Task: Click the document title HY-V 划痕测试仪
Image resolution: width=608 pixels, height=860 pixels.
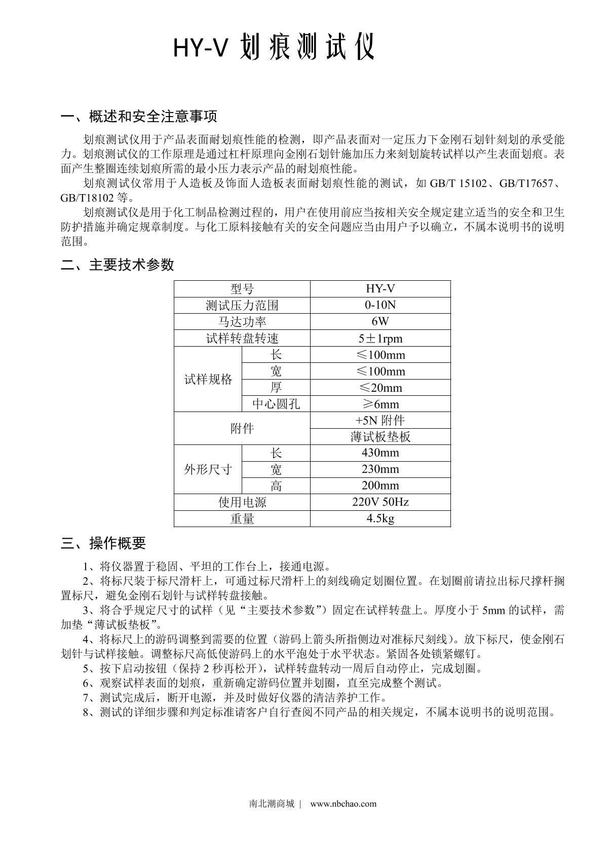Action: click(274, 48)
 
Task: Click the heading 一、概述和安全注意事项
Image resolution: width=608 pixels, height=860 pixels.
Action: click(139, 117)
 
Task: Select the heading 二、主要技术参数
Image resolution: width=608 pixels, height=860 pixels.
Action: click(117, 265)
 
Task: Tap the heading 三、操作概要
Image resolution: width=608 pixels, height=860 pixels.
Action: click(103, 543)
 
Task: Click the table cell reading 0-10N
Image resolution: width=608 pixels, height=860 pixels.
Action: click(380, 305)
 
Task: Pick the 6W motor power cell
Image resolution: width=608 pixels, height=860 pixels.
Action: click(380, 321)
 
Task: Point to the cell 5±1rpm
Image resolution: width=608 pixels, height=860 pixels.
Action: click(380, 338)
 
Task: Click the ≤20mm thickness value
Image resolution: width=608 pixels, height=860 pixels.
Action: click(380, 388)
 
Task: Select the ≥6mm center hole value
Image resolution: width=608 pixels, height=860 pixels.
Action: click(380, 404)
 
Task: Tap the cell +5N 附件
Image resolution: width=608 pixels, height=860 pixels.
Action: click(380, 420)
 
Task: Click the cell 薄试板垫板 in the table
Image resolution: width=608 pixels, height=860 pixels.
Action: click(380, 437)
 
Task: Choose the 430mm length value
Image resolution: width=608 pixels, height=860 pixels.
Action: click(380, 453)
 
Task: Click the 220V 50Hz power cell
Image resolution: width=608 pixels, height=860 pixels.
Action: click(380, 502)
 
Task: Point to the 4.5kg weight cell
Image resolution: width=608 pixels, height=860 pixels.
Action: click(380, 518)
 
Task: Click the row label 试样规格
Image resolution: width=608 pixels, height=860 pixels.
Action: click(208, 379)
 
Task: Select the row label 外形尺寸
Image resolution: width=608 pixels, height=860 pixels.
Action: click(208, 469)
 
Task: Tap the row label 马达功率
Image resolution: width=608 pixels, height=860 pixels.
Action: click(242, 322)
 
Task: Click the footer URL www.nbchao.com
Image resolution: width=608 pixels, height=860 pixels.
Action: click(343, 804)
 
